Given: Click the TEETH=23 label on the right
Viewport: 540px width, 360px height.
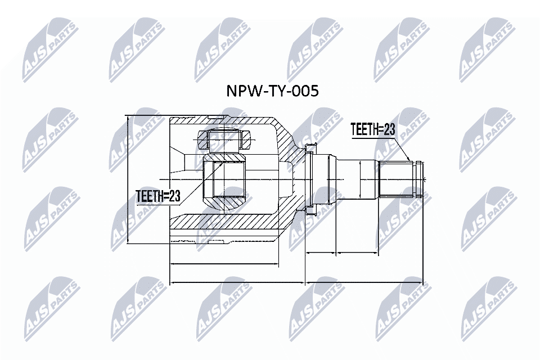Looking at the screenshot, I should click(373, 129).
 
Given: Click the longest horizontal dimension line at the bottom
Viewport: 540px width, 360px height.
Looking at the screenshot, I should click(295, 282).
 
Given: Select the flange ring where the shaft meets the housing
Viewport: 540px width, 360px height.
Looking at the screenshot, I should click(310, 179).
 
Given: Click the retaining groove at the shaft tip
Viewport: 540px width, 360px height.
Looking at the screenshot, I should click(417, 178).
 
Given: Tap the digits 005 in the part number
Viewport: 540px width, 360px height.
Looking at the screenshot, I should click(305, 91).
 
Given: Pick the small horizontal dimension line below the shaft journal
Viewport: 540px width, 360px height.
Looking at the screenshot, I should click(321, 253).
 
